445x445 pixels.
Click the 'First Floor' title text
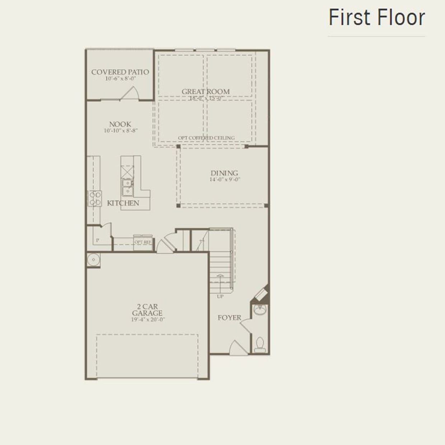click(376, 18)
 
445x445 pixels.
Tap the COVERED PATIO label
click(120, 72)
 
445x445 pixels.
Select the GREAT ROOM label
click(205, 92)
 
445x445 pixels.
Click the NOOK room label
click(120, 124)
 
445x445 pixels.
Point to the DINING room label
click(224, 173)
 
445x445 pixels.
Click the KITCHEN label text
click(123, 203)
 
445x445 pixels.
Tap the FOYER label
click(229, 318)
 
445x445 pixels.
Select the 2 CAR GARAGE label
click(147, 310)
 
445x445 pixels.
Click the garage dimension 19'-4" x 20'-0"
click(148, 319)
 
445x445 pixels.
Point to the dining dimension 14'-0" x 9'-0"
click(225, 179)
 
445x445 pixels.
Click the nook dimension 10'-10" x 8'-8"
click(121, 131)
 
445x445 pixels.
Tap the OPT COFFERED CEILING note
click(206, 138)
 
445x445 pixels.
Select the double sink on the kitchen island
click(127, 187)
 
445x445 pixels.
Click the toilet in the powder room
click(260, 345)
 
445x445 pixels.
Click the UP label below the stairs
click(220, 296)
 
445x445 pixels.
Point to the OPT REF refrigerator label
click(143, 242)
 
